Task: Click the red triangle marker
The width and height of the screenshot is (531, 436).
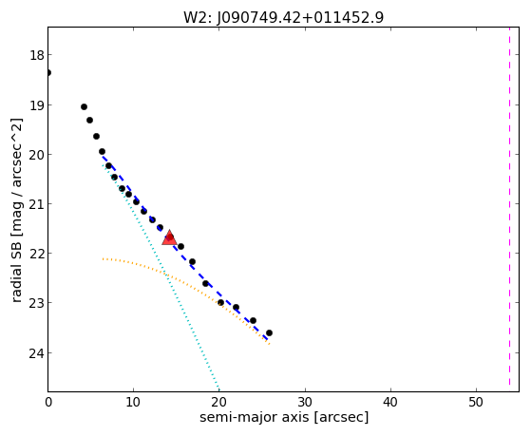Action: [169, 237]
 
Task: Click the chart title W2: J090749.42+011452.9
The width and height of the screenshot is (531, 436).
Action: [283, 18]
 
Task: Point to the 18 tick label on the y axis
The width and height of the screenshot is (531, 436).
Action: [36, 55]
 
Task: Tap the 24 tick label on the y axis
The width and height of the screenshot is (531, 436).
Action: [36, 353]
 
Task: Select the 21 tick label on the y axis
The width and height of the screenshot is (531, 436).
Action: [36, 204]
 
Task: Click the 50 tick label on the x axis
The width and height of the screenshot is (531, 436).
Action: [476, 402]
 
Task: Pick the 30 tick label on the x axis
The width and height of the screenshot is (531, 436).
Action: [306, 402]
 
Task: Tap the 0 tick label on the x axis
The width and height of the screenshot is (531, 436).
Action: [48, 402]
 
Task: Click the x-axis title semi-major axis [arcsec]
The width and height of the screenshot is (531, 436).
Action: [284, 417]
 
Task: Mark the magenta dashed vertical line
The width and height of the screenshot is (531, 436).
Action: [509, 206]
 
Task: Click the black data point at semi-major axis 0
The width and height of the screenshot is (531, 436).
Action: [48, 73]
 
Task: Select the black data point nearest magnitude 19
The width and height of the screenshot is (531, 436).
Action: [84, 107]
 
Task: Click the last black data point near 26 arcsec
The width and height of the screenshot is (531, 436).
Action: [269, 333]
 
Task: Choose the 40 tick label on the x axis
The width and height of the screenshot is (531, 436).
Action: [390, 402]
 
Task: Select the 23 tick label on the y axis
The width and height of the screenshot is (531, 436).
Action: [36, 302]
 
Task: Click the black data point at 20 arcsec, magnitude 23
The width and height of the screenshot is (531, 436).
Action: [220, 302]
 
